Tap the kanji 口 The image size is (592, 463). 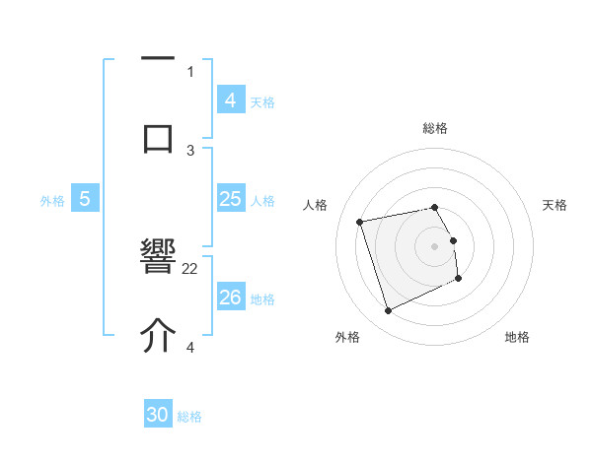(158, 137)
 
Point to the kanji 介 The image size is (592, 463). (158, 336)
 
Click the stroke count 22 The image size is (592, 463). (190, 268)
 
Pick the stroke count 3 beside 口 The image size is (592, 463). (191, 150)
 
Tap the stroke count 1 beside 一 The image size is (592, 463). (190, 71)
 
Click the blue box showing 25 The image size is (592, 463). (230, 199)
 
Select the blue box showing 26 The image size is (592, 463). (230, 298)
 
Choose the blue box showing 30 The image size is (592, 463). (158, 415)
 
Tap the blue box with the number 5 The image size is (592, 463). (85, 199)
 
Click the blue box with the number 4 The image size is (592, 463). (230, 99)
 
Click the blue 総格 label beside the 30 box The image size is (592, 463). (189, 417)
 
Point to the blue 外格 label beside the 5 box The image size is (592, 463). (52, 201)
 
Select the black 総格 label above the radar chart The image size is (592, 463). (435, 128)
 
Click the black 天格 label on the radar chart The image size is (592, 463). (555, 205)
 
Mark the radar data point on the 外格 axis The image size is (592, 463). (388, 311)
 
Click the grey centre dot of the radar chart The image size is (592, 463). (435, 246)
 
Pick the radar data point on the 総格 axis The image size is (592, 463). (435, 207)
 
